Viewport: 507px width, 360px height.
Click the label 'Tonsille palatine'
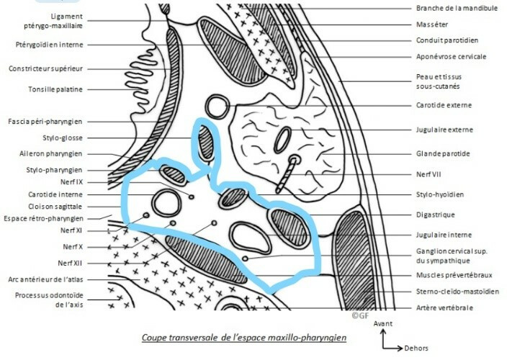click(x=55, y=89)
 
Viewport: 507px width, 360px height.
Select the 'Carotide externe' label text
click(x=444, y=105)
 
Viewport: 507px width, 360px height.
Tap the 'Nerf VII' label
click(x=429, y=174)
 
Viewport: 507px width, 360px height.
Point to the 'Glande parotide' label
click(x=443, y=154)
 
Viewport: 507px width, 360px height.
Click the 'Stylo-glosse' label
click(x=63, y=138)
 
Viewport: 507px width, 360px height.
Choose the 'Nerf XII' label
click(x=70, y=263)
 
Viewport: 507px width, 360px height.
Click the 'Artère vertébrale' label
click(x=444, y=307)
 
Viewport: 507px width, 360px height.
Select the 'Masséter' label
click(x=432, y=24)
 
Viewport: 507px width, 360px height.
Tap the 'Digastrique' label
click(x=435, y=215)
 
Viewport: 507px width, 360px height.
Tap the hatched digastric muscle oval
click(x=289, y=228)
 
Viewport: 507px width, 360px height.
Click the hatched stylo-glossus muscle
click(x=206, y=143)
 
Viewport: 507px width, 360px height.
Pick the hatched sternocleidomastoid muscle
click(x=354, y=258)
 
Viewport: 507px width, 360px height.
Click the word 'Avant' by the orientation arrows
click(x=383, y=323)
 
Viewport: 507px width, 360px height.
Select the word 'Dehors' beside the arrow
click(x=416, y=348)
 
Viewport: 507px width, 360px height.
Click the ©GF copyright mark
click(x=360, y=315)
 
